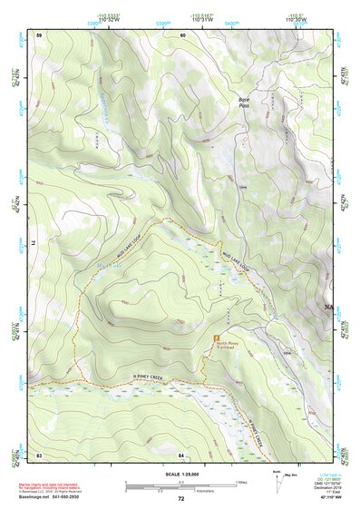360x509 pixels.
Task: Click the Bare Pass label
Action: tap(243, 102)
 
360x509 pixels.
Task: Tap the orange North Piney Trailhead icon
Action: tap(217, 338)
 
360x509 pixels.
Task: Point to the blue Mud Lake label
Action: tap(108, 265)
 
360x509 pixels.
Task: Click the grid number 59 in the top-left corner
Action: tap(39, 34)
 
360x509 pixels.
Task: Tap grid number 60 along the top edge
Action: tap(181, 34)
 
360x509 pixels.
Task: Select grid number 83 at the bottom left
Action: tap(39, 454)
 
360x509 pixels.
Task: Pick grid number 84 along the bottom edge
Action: tap(181, 454)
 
